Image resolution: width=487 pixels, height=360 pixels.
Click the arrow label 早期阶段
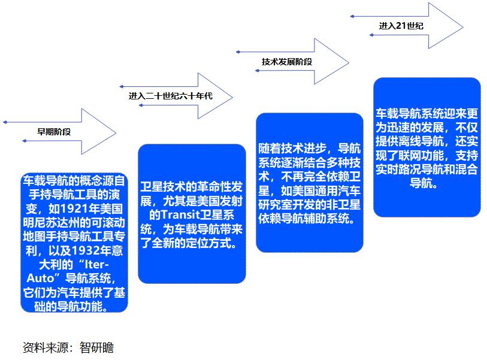[55, 132]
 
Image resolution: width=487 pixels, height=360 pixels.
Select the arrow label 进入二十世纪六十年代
[171, 96]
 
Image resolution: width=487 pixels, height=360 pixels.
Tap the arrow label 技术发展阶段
[287, 62]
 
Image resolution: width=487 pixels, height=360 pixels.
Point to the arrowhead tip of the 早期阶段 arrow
[116, 131]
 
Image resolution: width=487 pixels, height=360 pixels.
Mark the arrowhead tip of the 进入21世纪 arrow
[462, 26]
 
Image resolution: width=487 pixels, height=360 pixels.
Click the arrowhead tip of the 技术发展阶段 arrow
[349, 61]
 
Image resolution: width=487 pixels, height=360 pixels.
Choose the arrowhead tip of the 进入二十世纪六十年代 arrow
[232, 96]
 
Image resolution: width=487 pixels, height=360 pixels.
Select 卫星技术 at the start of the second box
[161, 185]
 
